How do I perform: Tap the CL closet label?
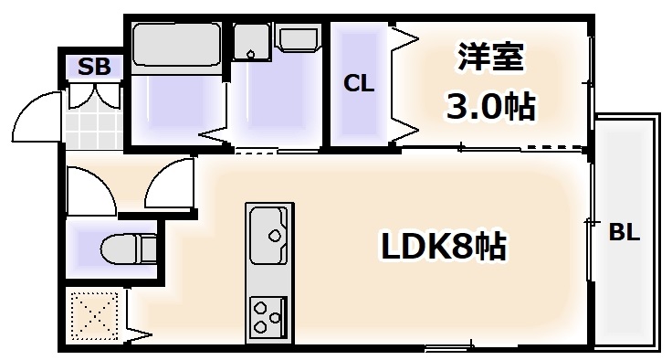(x=359, y=83)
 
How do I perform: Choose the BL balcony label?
(x=625, y=233)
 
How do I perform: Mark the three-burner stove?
(x=268, y=316)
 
